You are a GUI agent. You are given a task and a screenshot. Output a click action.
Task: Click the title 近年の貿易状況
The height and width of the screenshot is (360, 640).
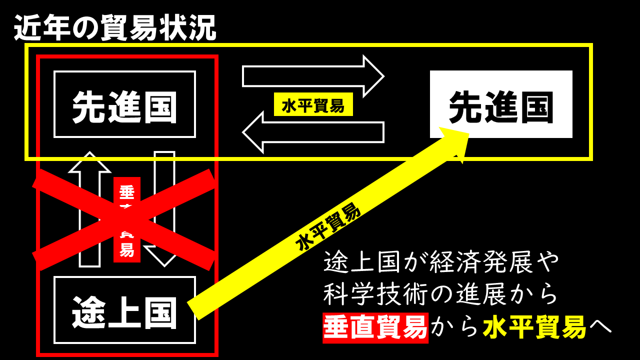pos(115,28)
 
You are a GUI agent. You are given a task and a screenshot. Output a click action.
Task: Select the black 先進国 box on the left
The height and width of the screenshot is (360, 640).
pos(124,104)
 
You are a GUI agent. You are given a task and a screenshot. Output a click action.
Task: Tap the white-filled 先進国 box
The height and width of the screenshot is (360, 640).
pos(501,104)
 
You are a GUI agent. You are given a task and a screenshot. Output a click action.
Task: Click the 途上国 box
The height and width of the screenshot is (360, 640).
pos(124,310)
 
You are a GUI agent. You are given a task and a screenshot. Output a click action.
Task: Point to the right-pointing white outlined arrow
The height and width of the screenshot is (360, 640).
pos(312,76)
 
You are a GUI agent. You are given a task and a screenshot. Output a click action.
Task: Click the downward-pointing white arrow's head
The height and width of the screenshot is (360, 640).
pos(163,255)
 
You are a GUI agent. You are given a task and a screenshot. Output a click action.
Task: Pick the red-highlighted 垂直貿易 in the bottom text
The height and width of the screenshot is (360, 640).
pos(375,327)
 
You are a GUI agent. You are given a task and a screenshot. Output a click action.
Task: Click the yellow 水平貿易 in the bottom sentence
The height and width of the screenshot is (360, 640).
pos(534,327)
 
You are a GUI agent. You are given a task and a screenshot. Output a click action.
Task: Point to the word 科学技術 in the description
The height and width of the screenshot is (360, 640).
pos(375,294)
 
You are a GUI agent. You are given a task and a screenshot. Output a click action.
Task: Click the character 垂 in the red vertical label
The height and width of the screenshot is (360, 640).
pos(127,191)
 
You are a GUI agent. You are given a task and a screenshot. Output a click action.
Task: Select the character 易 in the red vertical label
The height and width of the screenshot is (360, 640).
pos(127,250)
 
